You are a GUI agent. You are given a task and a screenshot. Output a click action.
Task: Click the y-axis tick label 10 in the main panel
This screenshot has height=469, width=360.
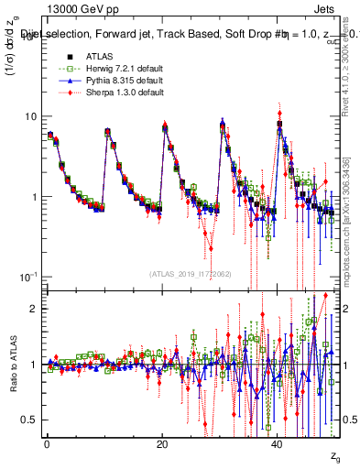click(x=30, y=116)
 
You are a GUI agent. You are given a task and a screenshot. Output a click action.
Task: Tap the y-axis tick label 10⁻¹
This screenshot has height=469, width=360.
click(x=28, y=276)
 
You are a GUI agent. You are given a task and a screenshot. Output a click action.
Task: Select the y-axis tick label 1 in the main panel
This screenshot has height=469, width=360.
click(x=34, y=197)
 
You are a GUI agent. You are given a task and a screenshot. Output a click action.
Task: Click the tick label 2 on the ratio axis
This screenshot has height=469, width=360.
click(x=34, y=309)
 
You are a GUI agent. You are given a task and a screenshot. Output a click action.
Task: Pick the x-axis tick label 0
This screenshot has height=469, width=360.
click(x=47, y=443)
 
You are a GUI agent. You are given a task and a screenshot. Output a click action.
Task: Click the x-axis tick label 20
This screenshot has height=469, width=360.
click(x=161, y=443)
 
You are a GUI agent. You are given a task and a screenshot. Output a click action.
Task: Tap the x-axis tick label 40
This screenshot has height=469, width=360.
click(x=276, y=443)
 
